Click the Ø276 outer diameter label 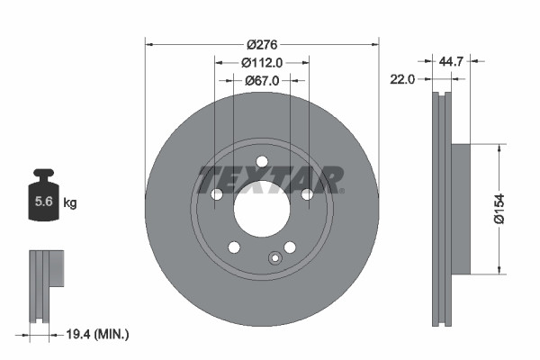tap(262, 43)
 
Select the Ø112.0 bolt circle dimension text tap(263, 62)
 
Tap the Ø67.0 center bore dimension tap(263, 80)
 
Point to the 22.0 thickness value tap(401, 79)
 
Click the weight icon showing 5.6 tap(43, 201)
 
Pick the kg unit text tap(70, 203)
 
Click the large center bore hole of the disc tap(262, 211)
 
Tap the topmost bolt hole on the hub tap(262, 162)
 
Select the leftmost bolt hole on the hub tap(216, 195)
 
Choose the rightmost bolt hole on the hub tap(308, 195)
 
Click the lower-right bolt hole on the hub tap(290, 248)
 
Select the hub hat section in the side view tap(459, 208)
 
